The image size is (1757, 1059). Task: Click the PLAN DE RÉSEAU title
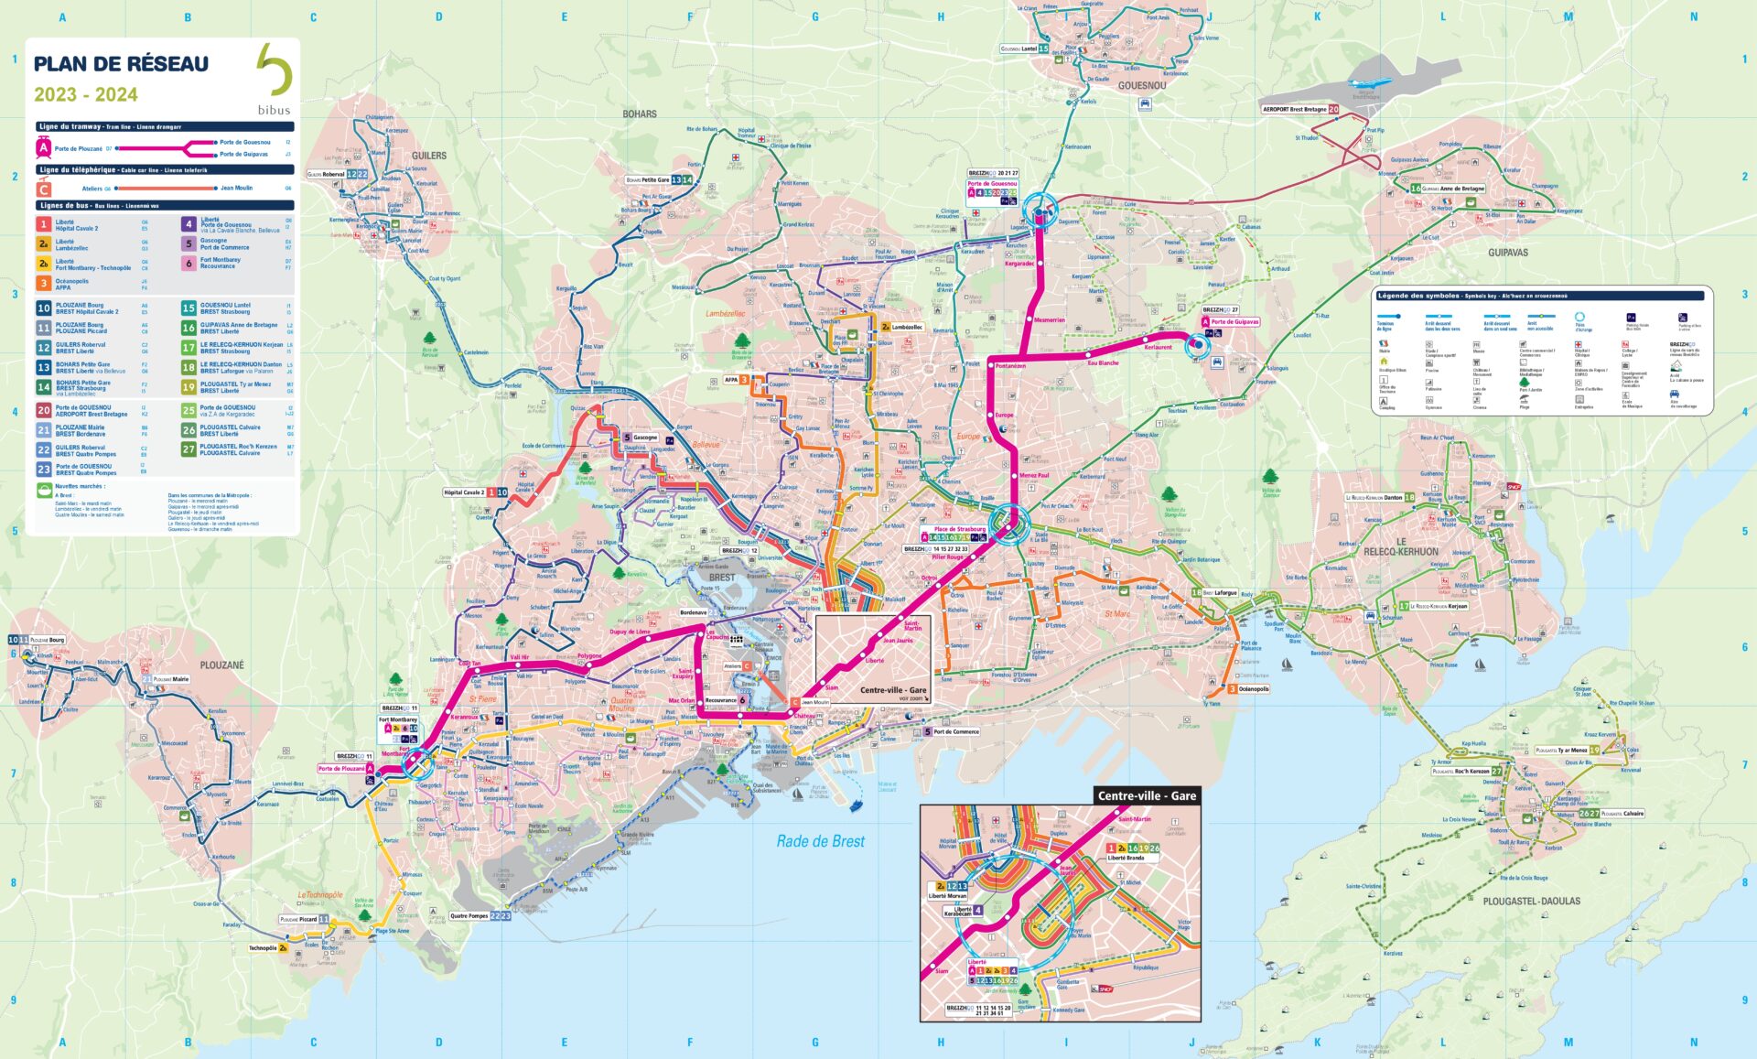[x=121, y=64]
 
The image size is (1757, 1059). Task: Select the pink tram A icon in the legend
[x=43, y=147]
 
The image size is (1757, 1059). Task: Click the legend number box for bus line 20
[x=43, y=411]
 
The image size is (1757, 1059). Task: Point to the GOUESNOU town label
[x=1141, y=85]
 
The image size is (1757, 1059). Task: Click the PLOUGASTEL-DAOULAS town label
[x=1531, y=901]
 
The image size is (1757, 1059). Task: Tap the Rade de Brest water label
[x=820, y=841]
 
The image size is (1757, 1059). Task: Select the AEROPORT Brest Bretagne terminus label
[x=1294, y=109]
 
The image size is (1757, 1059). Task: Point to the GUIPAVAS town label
[x=1507, y=252]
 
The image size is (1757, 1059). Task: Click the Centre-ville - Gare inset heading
[x=1147, y=795]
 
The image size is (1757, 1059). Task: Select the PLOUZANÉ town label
[x=221, y=665]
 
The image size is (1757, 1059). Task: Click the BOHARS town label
[x=639, y=113]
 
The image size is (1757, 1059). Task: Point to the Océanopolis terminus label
[x=1253, y=689]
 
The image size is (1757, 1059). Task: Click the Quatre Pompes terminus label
[x=469, y=915]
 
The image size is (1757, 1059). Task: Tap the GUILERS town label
[x=428, y=156]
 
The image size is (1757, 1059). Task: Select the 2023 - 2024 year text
[x=86, y=95]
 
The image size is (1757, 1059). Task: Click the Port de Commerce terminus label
[x=955, y=731]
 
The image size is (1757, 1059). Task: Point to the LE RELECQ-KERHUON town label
[x=1401, y=546]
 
